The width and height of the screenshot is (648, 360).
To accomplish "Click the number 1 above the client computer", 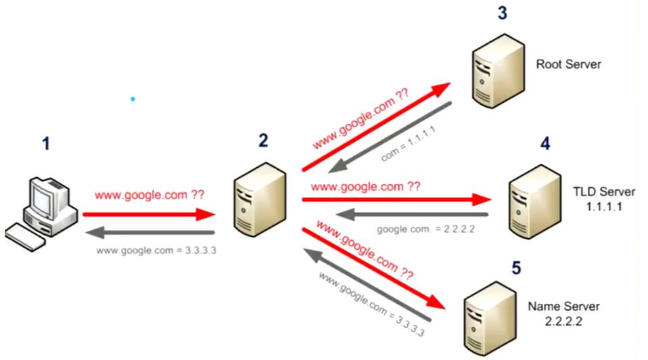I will [45, 144].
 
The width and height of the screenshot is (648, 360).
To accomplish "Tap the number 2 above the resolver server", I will [262, 140].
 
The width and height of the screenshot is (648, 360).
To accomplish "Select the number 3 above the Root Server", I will [502, 13].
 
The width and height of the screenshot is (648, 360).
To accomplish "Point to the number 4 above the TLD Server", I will [545, 143].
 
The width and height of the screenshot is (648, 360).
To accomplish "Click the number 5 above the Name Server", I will [516, 269].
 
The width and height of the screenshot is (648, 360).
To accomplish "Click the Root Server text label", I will [568, 65].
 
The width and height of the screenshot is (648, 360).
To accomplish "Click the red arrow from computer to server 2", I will [149, 215].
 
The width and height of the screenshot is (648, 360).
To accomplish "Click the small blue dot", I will [133, 99].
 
